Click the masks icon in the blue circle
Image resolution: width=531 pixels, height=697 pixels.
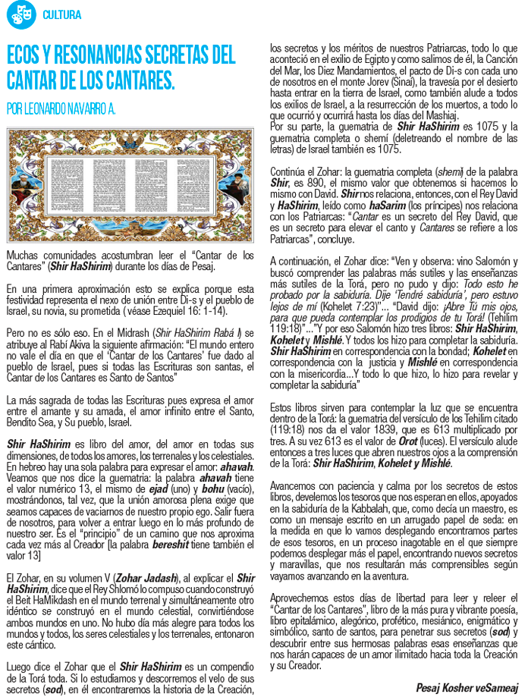click(20, 14)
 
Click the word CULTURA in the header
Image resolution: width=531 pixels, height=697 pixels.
click(62, 15)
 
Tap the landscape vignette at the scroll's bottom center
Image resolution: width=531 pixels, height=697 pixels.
click(132, 229)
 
